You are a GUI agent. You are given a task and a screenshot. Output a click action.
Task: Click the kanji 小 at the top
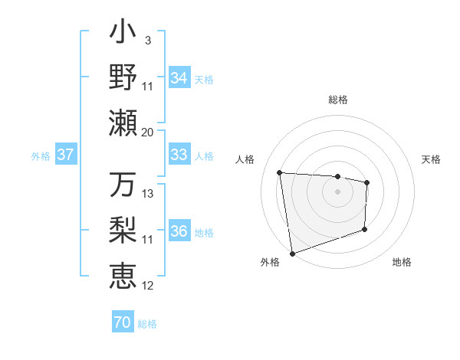pyautogui.click(x=123, y=34)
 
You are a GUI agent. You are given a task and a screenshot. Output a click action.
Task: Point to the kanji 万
pyautogui.click(x=123, y=185)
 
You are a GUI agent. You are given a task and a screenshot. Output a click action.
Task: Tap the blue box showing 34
pyautogui.click(x=179, y=78)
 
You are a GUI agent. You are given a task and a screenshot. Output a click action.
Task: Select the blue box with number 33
pyautogui.click(x=179, y=155)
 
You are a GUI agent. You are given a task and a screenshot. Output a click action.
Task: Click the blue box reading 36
pyautogui.click(x=179, y=232)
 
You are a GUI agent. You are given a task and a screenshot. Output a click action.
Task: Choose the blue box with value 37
pyautogui.click(x=66, y=155)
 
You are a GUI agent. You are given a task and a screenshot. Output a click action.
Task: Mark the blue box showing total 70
pyautogui.click(x=123, y=322)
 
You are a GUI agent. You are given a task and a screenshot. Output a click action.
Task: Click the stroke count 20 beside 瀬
pyautogui.click(x=148, y=132)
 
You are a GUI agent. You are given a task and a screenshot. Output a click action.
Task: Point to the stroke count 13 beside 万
pyautogui.click(x=148, y=194)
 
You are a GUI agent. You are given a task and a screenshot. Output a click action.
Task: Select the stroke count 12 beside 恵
pyautogui.click(x=148, y=286)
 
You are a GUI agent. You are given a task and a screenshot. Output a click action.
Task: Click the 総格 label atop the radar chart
pyautogui.click(x=338, y=100)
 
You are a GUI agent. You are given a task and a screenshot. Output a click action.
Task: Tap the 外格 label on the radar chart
pyautogui.click(x=270, y=263)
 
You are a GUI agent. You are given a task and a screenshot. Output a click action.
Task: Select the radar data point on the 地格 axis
pyautogui.click(x=365, y=229)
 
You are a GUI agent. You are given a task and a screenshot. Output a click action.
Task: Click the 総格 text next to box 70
pyautogui.click(x=148, y=324)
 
